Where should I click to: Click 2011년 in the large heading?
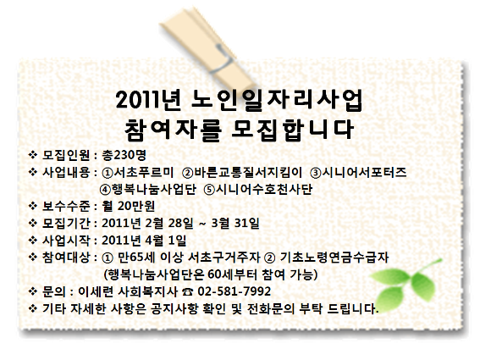tap(149, 100)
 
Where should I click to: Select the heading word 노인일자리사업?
tap(277, 100)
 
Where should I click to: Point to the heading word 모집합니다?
tap(292, 130)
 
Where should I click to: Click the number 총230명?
tap(124, 155)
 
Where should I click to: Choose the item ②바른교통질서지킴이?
tap(242, 173)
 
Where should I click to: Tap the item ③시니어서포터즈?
tap(358, 173)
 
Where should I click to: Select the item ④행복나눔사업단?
tap(148, 190)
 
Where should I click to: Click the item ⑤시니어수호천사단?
tap(258, 190)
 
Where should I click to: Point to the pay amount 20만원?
tap(136, 206)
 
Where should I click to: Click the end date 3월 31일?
tap(235, 223)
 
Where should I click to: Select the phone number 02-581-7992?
tap(234, 291)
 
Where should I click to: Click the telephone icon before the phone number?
tap(187, 291)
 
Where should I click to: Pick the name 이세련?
tap(96, 291)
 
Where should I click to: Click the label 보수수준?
tap(66, 206)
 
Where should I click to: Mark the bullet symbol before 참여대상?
tap(33, 257)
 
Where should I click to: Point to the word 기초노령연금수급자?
tap(334, 257)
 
